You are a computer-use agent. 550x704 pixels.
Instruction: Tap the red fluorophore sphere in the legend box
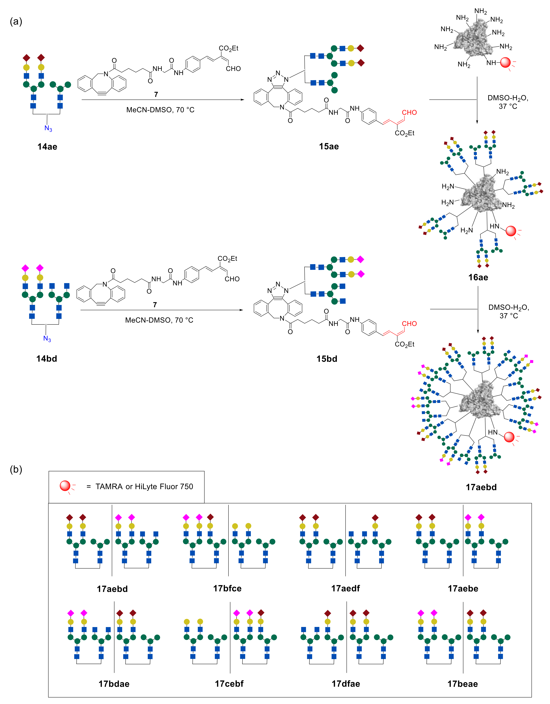65,486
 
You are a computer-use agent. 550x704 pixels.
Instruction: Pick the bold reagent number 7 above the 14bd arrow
155,305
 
